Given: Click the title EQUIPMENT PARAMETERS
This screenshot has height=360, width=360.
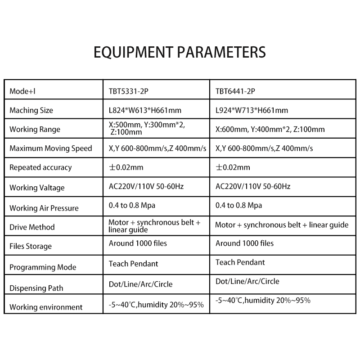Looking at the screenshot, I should (180, 52).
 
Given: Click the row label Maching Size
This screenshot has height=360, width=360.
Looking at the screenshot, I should (31, 110).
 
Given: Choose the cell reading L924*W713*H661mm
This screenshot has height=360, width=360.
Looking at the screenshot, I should (252, 110).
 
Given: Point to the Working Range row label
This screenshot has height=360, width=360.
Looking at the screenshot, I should (35, 130).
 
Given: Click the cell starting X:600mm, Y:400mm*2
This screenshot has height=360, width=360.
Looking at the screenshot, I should (270, 130).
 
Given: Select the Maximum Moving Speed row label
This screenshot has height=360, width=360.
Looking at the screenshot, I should (50, 148).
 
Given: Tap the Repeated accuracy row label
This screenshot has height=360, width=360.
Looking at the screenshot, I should (40, 167).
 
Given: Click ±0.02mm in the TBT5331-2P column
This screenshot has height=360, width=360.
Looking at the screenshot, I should (126, 167).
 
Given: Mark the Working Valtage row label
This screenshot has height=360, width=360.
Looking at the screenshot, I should (37, 188).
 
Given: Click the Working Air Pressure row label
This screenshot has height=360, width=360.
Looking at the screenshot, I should (44, 208).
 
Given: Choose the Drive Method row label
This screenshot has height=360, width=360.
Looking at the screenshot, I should (32, 227).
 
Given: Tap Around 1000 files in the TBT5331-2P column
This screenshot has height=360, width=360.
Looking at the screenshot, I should (138, 243).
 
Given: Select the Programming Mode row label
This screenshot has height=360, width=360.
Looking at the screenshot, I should (43, 267).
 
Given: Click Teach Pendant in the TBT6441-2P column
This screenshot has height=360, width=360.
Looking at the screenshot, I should (240, 262).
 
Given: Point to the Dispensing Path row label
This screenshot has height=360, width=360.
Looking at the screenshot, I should (36, 288).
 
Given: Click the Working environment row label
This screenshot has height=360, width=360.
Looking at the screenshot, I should (46, 307).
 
